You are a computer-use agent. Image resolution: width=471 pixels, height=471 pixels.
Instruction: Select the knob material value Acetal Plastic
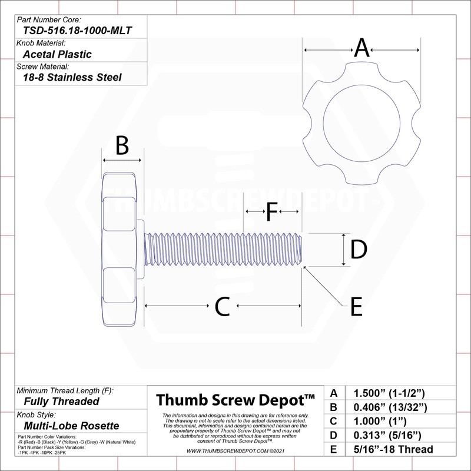point(57,55)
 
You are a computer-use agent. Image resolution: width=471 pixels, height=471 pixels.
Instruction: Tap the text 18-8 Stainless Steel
point(72,77)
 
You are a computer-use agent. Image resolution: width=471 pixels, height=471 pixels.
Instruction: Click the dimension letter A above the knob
point(361,48)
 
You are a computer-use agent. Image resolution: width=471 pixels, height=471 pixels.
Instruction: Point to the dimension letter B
point(122,145)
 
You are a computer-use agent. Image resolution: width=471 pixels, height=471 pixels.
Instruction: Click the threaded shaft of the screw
point(224,250)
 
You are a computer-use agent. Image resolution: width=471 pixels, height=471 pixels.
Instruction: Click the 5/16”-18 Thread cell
point(393,450)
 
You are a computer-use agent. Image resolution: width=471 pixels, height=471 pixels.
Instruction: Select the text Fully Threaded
point(61,402)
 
